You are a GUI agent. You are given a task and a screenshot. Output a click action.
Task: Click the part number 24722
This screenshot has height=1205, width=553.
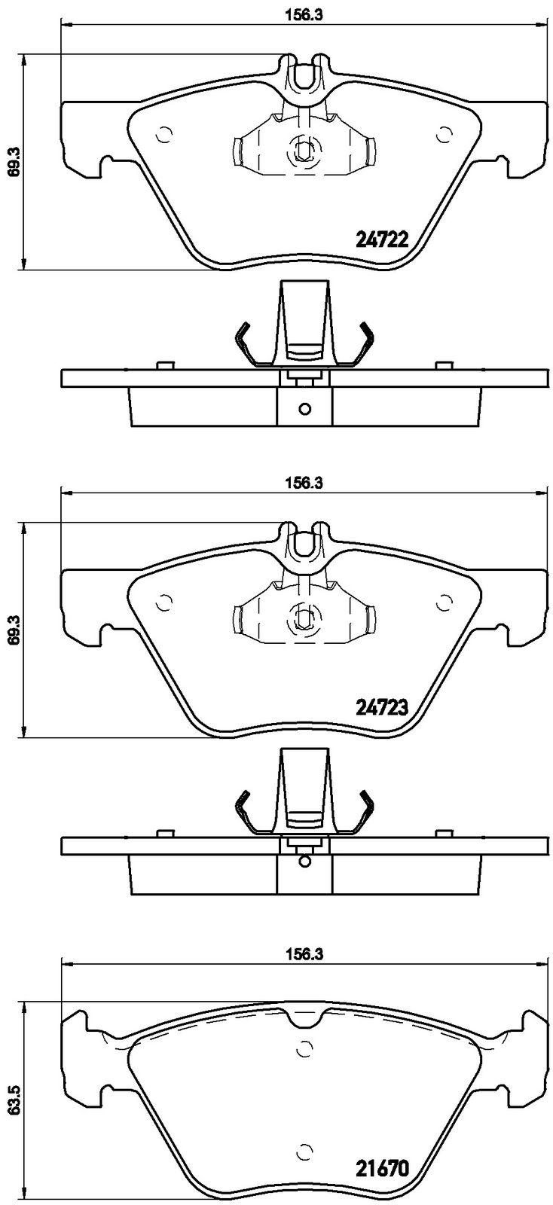pyautogui.click(x=383, y=238)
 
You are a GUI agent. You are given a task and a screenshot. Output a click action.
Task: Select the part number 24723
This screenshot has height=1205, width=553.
pyautogui.click(x=383, y=706)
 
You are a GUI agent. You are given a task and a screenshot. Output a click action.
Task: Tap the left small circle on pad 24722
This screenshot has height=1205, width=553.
pyautogui.click(x=163, y=135)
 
